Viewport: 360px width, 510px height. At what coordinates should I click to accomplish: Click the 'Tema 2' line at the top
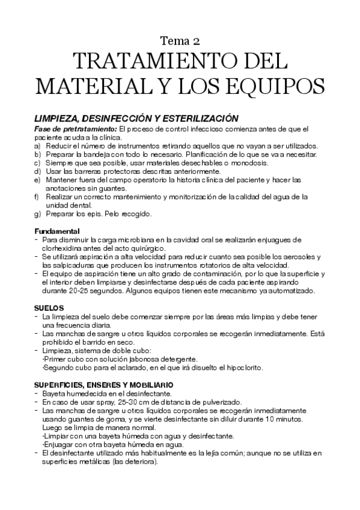coord(180,41)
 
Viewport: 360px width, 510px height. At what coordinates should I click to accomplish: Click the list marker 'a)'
coord(37,146)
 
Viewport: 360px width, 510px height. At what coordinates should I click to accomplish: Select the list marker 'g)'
coord(37,214)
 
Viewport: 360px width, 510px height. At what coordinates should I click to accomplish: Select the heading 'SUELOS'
coord(47,307)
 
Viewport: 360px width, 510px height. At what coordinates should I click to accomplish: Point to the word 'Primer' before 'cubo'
coord(53,359)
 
